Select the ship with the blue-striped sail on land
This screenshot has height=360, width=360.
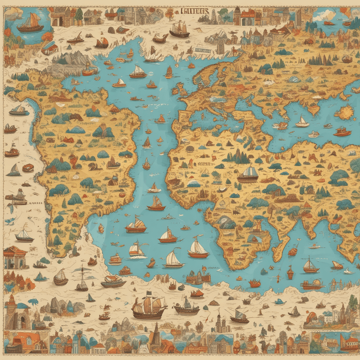pyautogui.click(x=248, y=174)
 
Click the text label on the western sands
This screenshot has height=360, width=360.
pyautogui.click(x=35, y=202)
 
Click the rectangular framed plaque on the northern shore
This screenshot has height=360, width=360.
pyautogui.click(x=202, y=50)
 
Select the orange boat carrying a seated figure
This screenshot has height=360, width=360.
pyautogui.click(x=89, y=70)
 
